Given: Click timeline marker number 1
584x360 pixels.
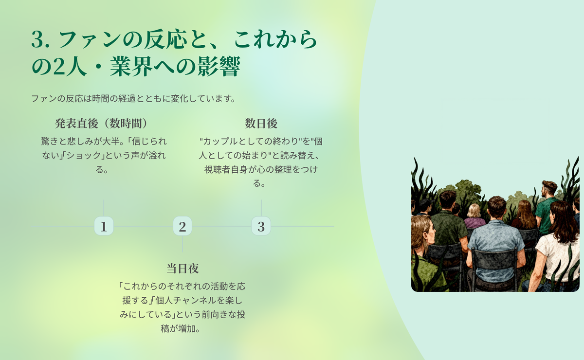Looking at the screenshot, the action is [x=104, y=226].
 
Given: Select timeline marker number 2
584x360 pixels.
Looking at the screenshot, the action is [x=182, y=226].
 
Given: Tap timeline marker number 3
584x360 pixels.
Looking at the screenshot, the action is [x=261, y=226].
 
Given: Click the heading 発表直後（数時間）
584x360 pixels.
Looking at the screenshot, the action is [x=102, y=123].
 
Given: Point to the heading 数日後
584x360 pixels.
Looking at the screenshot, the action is [x=261, y=123].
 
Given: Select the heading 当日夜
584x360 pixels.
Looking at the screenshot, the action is [x=182, y=268].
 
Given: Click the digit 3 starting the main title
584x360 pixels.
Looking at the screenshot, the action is [x=37, y=39].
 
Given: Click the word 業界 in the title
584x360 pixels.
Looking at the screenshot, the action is [x=131, y=67].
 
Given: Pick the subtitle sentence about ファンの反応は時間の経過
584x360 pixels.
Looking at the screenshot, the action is [x=133, y=99].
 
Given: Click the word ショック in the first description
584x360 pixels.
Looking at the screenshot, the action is [x=84, y=155].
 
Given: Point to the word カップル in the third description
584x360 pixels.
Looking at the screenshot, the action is [x=220, y=141].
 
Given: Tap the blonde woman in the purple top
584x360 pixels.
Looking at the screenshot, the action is [x=475, y=216].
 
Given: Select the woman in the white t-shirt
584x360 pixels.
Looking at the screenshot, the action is [x=558, y=245].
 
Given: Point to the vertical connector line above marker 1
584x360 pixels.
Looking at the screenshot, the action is [x=104, y=208].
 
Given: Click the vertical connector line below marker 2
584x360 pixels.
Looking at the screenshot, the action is [x=182, y=244].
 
